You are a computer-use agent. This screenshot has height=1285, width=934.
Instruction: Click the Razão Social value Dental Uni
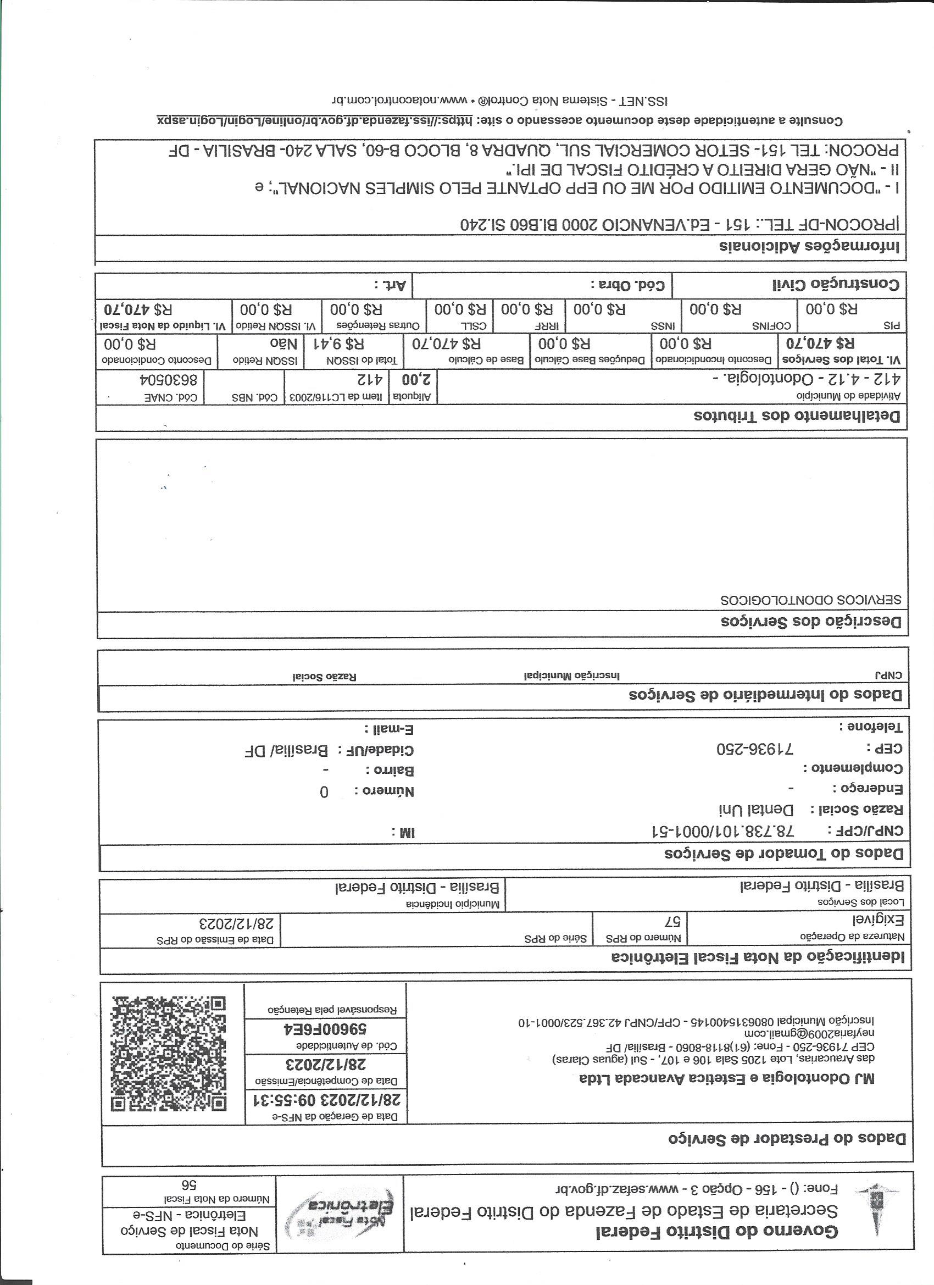click(x=756, y=810)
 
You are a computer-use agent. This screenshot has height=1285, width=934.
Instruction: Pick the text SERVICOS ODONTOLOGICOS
click(x=810, y=600)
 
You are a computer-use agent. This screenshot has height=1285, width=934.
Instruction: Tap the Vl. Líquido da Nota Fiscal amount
click(x=138, y=309)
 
